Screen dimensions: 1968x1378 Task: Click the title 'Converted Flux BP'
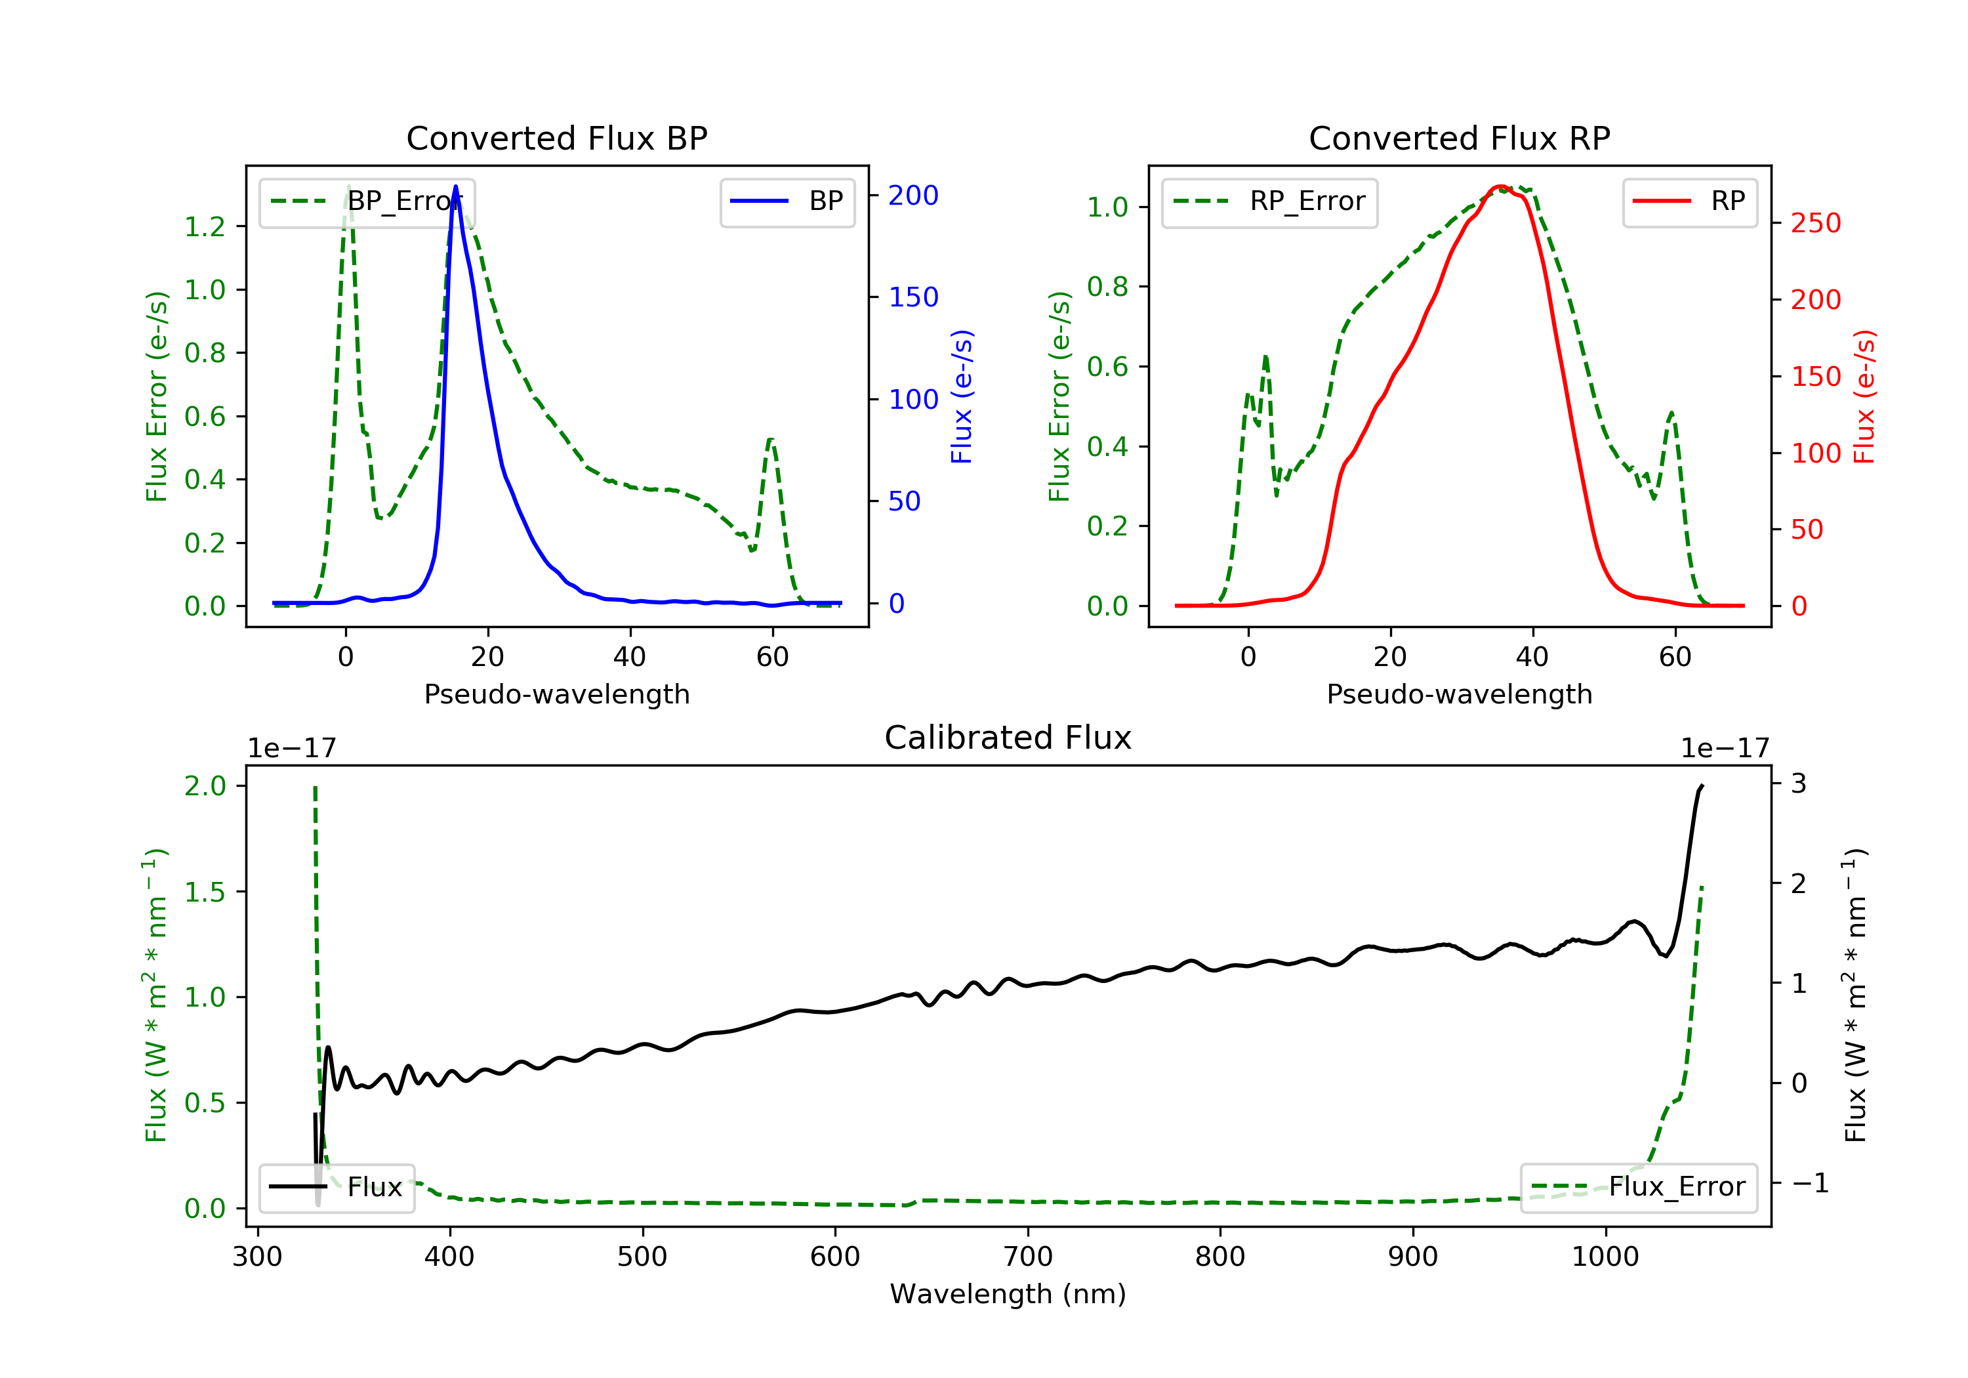point(556,138)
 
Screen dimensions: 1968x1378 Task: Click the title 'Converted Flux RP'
point(1459,138)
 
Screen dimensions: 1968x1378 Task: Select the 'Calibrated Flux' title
point(1008,738)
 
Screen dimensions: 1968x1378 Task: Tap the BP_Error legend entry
point(367,201)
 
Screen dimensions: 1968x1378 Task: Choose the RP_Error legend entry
point(1269,201)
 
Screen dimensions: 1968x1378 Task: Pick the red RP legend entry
point(1689,201)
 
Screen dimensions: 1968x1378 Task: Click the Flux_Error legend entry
point(1638,1187)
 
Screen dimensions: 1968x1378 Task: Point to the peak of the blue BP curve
point(455,186)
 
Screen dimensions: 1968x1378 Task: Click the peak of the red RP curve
point(1500,187)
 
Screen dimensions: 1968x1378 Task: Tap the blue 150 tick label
point(913,297)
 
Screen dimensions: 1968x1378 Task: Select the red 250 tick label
point(1815,223)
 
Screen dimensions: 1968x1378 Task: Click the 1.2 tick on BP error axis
point(205,226)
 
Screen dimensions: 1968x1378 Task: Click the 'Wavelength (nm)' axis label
point(1008,1294)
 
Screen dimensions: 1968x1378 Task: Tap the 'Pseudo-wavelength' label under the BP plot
point(557,694)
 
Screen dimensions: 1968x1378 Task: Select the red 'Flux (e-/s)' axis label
point(1865,397)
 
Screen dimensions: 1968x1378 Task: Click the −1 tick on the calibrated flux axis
point(1809,1183)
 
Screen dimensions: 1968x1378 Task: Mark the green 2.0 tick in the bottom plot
point(205,785)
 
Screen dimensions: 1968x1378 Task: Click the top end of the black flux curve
point(1702,785)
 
